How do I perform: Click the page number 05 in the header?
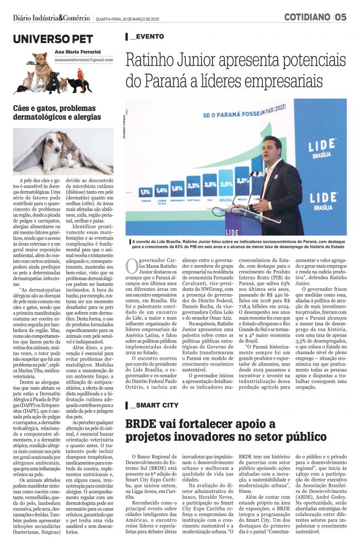tap(341, 17)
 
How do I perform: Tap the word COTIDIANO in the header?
tap(307, 17)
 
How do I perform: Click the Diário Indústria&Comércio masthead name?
tap(51, 18)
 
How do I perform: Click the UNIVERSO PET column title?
tap(53, 39)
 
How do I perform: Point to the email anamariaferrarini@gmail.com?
tap(84, 60)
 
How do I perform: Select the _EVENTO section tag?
tap(147, 36)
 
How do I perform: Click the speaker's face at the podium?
tap(270, 149)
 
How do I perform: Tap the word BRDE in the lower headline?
tap(142, 425)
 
